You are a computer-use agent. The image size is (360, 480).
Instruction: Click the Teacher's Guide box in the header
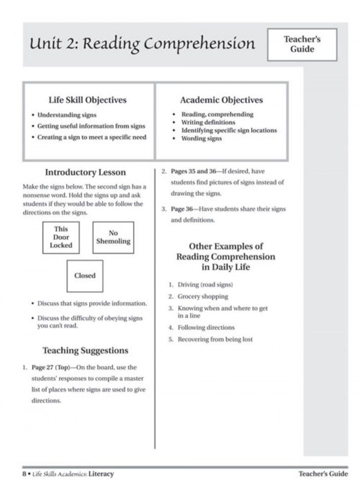302,45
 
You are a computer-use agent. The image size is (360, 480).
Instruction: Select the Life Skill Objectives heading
88,100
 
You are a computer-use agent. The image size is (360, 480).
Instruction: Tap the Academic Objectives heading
222,100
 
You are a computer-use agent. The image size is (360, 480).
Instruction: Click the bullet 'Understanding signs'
67,115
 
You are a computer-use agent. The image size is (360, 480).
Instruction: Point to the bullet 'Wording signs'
201,139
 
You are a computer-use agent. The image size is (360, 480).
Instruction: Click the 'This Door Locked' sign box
61,238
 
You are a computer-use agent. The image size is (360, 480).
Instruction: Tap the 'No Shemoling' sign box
113,238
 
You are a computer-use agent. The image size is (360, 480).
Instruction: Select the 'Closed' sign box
85,276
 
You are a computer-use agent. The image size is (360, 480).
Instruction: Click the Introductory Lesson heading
86,173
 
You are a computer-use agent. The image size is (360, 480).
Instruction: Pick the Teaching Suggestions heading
86,350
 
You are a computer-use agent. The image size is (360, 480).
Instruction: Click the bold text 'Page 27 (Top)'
46,368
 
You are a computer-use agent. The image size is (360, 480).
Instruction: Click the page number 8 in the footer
23,474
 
